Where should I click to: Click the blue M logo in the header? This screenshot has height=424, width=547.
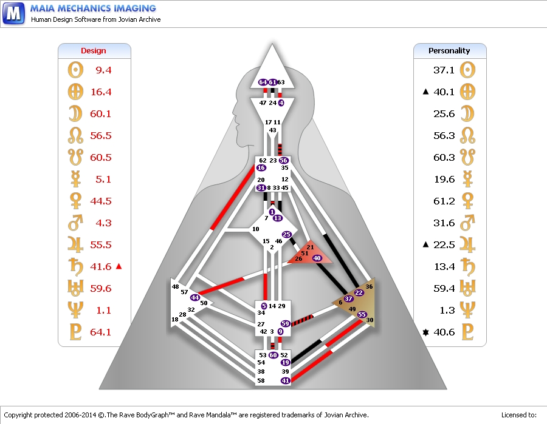[13, 12]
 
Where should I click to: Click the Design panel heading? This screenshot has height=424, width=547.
[94, 51]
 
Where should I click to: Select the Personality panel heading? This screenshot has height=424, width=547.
[449, 51]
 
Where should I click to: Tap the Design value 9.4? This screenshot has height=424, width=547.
[103, 70]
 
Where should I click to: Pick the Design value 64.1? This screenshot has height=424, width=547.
[101, 332]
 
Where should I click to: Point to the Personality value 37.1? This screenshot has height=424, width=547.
[444, 70]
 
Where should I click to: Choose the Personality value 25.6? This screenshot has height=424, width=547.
[444, 114]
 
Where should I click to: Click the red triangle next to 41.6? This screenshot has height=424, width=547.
[119, 266]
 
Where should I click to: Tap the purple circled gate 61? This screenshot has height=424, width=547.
[272, 82]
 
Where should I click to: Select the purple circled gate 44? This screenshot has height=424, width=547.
[194, 297]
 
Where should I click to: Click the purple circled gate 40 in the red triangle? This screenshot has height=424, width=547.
[317, 258]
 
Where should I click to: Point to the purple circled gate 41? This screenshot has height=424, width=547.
[285, 380]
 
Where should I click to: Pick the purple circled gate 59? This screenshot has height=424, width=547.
[285, 324]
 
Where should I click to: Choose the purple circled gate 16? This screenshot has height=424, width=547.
[261, 168]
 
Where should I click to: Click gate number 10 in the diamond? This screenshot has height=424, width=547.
[255, 229]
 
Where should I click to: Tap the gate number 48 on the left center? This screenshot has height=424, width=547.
[175, 286]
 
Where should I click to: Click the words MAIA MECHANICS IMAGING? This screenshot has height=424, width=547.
[93, 8]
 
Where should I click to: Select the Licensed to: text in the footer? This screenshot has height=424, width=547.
[518, 415]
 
